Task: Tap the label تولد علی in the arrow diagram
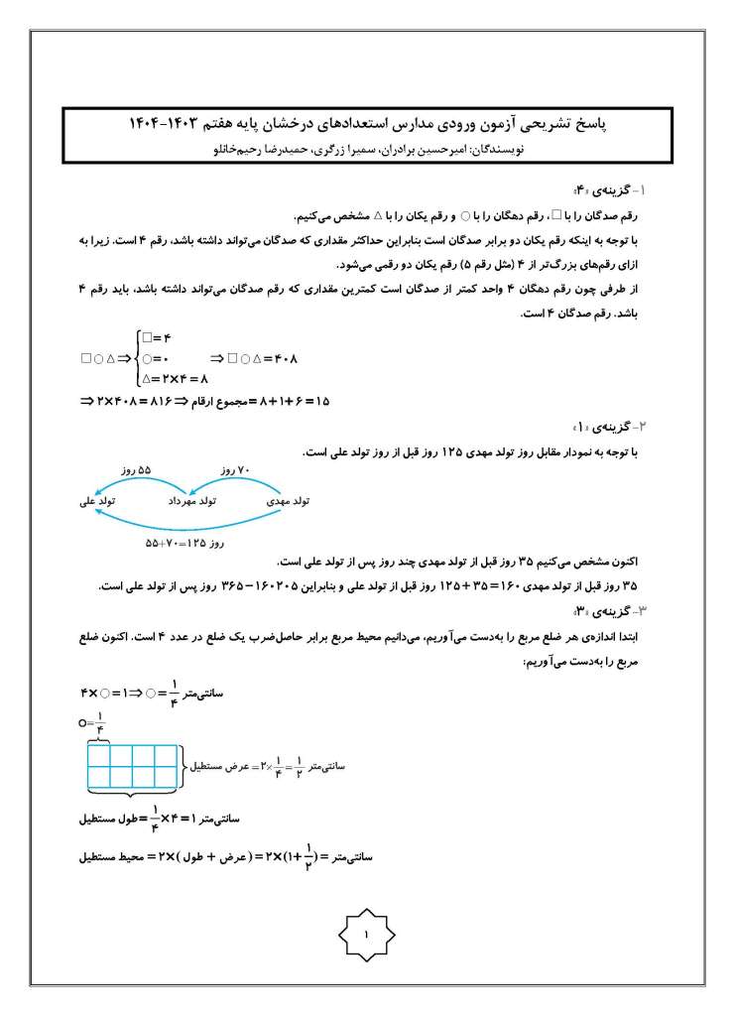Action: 97,502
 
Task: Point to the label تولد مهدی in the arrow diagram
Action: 289,502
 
